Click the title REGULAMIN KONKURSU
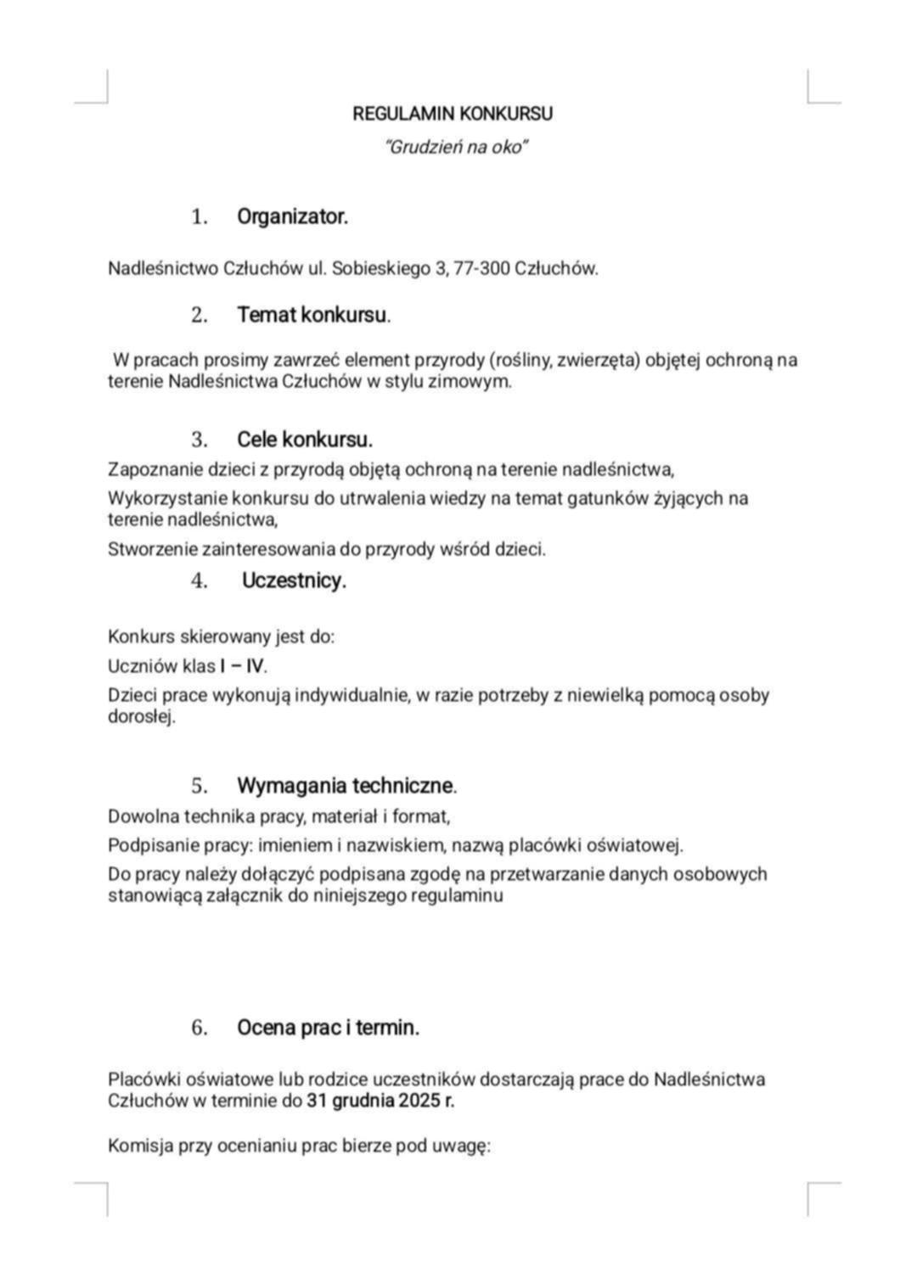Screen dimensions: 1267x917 click(453, 114)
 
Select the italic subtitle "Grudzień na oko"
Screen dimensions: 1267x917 click(457, 148)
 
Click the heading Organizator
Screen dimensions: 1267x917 click(292, 217)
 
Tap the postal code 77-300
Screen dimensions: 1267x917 click(482, 269)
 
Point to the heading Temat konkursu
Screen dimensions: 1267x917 click(313, 316)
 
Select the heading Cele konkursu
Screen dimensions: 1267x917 click(304, 440)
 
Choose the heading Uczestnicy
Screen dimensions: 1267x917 click(294, 581)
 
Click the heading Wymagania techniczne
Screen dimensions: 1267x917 click(346, 786)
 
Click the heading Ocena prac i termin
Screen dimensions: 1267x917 click(328, 1029)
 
